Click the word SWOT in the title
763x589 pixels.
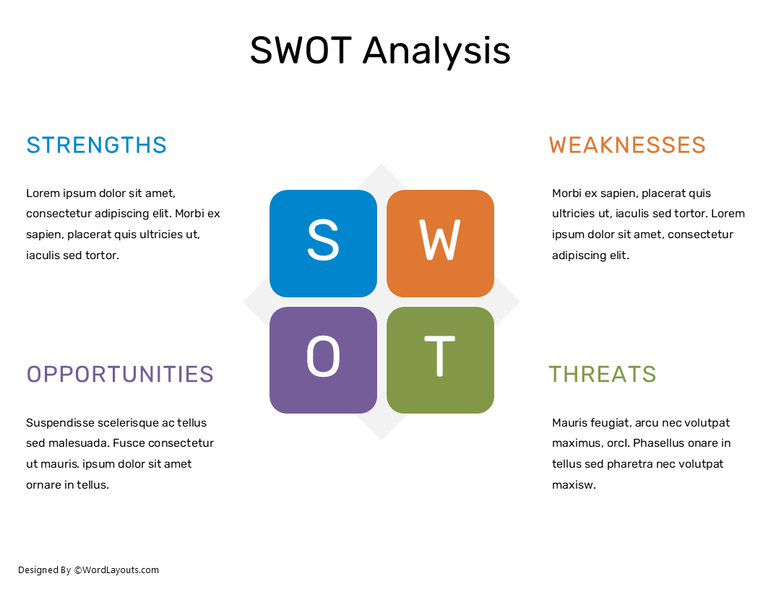click(301, 51)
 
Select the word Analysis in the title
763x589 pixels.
click(436, 51)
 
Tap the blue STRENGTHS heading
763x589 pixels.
click(96, 145)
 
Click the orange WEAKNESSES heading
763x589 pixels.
click(627, 145)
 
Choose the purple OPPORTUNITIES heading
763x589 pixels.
click(120, 374)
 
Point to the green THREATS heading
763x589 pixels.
click(602, 374)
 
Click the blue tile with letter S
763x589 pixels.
click(323, 243)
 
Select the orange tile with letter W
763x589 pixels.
click(440, 243)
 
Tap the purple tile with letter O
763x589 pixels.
click(323, 359)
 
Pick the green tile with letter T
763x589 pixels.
click(440, 359)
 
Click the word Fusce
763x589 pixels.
click(128, 443)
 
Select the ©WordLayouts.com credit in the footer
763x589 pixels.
click(116, 570)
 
